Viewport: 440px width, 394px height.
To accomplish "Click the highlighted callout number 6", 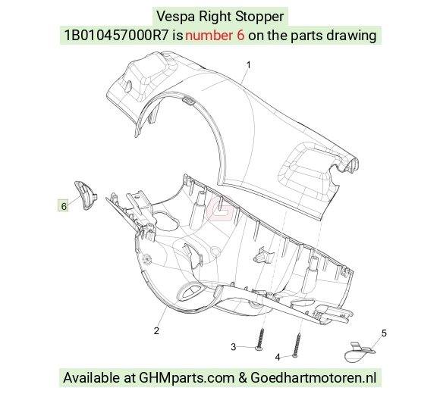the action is coord(63,205).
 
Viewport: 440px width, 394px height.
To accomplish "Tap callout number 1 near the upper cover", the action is coord(248,65).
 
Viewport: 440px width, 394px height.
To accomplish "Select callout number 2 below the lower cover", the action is coord(156,330).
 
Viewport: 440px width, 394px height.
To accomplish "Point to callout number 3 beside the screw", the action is coord(234,347).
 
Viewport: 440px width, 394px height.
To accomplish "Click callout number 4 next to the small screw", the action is coord(278,358).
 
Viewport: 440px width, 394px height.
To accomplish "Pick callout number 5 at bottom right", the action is coord(384,333).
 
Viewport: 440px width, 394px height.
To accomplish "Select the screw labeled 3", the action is coord(261,339).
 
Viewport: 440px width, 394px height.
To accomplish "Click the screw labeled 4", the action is coord(297,345).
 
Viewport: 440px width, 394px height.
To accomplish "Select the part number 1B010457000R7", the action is coord(116,36).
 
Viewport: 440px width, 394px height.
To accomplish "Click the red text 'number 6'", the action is coord(215,36).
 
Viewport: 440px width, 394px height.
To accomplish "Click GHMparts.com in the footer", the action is coord(187,378).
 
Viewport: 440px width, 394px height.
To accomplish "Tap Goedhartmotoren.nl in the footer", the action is coord(313,377).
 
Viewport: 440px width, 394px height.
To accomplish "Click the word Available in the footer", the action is coord(96,377).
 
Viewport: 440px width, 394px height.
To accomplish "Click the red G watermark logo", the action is coord(220,208).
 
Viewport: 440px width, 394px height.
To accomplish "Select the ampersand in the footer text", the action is coord(243,378).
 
